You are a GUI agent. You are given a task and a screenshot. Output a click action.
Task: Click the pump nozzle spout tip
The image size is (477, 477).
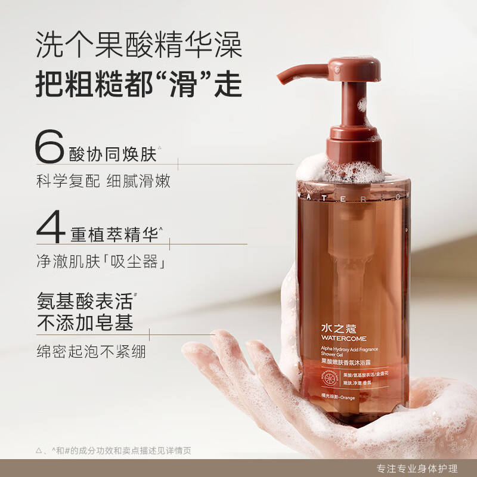point(282,76)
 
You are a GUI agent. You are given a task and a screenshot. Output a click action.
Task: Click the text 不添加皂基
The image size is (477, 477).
point(85,322)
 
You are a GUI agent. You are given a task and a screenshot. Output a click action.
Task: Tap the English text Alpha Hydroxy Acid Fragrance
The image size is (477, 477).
point(349,351)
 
